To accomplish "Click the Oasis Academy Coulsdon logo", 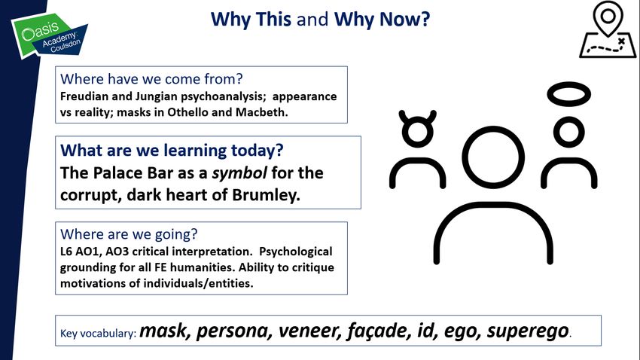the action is (49, 36).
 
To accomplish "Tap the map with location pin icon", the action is (608, 29).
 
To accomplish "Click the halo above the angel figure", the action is (569, 94).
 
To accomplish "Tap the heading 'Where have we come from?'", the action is (151, 79).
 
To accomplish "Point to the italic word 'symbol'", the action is (239, 173).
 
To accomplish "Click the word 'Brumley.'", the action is (266, 195).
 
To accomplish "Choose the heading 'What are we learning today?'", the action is (172, 151).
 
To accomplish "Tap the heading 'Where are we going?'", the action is (129, 234).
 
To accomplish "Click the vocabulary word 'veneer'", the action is (309, 331).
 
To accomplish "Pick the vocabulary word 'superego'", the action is (528, 331).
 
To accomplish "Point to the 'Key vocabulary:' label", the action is (98, 334).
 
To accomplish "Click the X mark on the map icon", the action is (621, 41).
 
